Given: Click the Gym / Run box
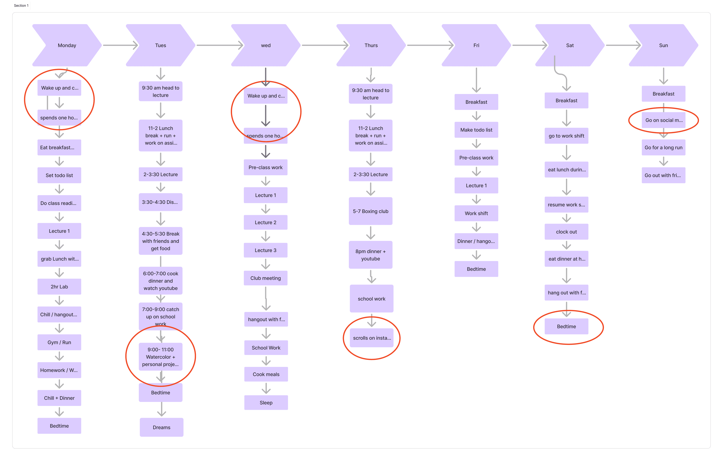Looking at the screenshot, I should tap(59, 342).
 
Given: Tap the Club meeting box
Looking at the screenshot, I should tap(265, 278).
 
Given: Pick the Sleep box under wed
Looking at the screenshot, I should tap(266, 402).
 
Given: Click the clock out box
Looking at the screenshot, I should tap(566, 232).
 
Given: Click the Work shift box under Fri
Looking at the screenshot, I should tap(476, 213).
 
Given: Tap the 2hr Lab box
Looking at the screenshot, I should tap(59, 286).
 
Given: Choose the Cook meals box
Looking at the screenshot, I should tap(266, 374).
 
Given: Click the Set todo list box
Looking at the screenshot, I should tap(59, 175).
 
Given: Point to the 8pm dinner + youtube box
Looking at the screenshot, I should tap(370, 255).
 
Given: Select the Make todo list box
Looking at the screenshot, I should tap(476, 130).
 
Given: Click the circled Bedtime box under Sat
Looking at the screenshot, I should tap(566, 326).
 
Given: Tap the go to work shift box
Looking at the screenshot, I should tap(566, 136).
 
